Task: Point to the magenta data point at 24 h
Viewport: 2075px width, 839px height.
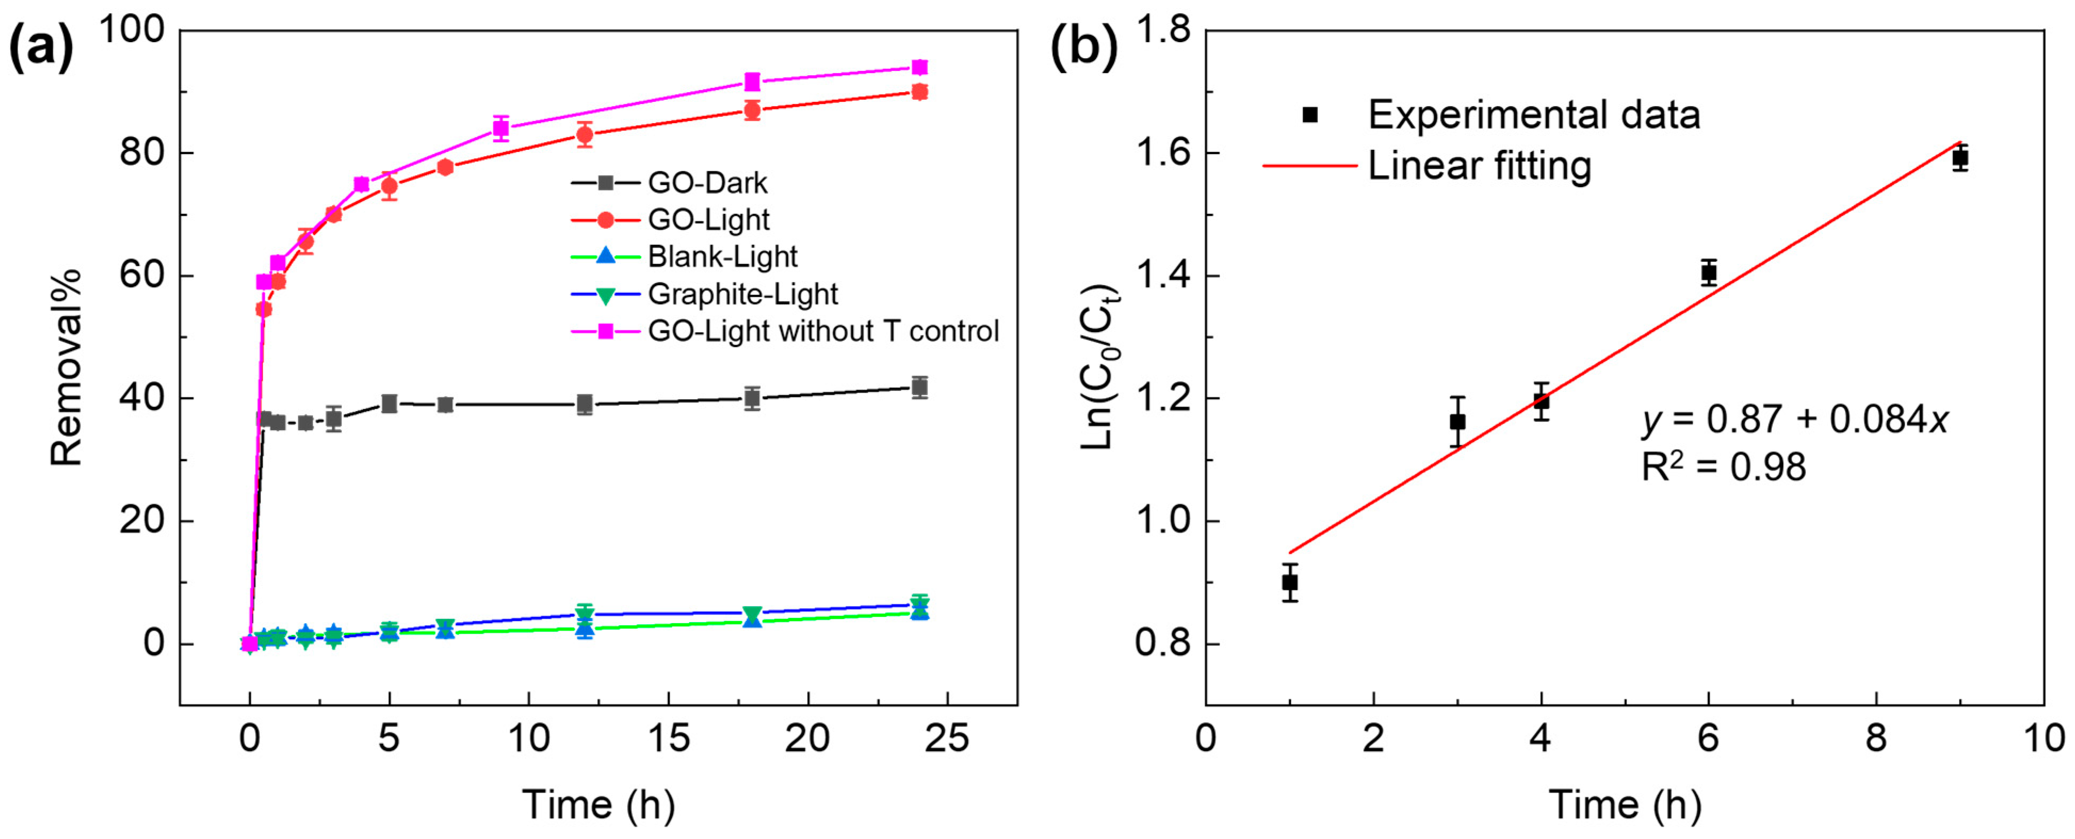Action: [919, 67]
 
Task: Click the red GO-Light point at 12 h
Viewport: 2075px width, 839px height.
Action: [585, 135]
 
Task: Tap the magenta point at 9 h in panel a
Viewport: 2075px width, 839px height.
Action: [501, 128]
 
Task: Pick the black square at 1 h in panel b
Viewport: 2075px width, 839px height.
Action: [1290, 582]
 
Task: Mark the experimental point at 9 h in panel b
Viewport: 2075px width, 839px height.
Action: [1960, 158]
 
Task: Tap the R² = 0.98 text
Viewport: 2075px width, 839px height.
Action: [1724, 466]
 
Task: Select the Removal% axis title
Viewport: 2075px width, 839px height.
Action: [66, 367]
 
